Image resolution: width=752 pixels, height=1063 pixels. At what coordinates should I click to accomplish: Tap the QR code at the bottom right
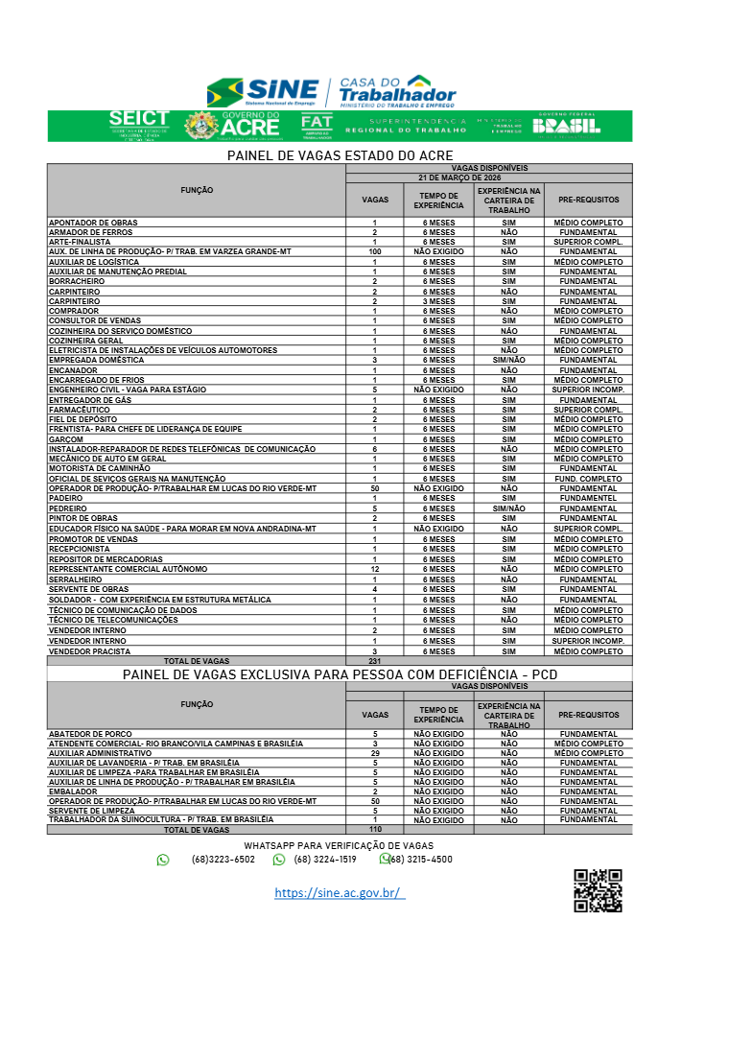point(598,890)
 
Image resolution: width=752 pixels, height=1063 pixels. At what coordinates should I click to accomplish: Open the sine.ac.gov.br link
point(340,893)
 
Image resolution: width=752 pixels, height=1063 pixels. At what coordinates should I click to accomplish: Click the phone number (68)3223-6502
point(223,860)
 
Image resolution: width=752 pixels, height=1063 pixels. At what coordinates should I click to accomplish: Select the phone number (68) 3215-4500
point(420,860)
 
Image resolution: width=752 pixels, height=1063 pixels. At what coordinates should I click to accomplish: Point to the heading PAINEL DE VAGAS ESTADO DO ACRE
point(340,155)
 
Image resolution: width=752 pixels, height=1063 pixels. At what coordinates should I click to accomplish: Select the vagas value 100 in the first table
point(374,251)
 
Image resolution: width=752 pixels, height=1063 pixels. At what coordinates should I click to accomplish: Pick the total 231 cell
point(374,661)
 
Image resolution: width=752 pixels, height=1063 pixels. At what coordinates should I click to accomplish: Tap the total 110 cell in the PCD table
point(374,829)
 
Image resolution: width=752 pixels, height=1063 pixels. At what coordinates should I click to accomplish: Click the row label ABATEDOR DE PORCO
point(90,734)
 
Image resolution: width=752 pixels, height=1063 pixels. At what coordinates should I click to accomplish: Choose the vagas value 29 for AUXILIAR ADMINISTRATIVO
point(374,753)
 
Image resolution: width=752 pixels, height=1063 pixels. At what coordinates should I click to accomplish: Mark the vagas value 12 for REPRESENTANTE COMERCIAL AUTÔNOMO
point(374,569)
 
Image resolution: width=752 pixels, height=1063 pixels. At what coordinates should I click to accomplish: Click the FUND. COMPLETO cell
point(588,479)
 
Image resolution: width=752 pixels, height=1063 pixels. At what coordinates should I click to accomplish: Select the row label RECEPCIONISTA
point(82,549)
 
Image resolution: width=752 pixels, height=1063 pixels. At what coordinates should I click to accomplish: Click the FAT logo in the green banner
point(317,125)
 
